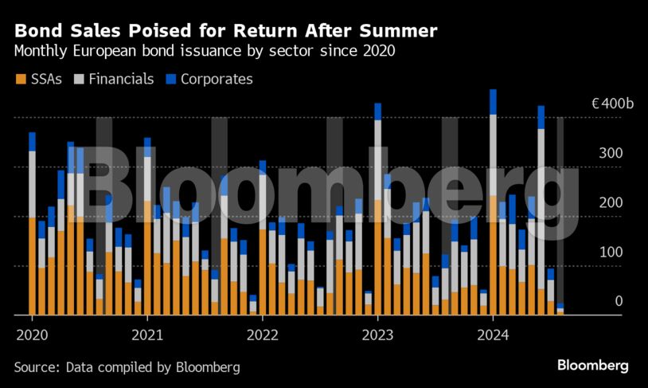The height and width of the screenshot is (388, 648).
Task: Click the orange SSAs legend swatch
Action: tap(20, 79)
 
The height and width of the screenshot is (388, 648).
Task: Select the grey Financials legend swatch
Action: tap(79, 79)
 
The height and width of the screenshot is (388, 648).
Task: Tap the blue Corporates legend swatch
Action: tap(171, 79)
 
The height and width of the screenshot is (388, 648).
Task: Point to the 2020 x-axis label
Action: tap(32, 335)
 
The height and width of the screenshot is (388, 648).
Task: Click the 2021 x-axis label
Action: tap(147, 335)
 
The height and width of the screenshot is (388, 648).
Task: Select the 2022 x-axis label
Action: tap(263, 335)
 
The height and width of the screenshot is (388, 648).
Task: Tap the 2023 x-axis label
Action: tap(378, 335)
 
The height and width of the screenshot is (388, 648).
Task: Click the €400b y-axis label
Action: tap(611, 104)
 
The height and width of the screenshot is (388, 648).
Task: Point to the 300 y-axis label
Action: tap(611, 153)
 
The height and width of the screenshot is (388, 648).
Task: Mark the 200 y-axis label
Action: tap(611, 202)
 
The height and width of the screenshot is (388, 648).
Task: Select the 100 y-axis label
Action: tap(611, 252)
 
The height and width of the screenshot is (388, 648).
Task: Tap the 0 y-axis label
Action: tap(618, 301)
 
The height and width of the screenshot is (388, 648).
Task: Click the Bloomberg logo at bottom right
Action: tap(592, 366)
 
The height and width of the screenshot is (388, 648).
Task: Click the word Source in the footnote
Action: tap(36, 366)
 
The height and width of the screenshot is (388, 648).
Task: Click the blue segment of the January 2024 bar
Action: tap(494, 101)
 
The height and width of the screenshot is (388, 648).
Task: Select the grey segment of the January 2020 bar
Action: tap(32, 183)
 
